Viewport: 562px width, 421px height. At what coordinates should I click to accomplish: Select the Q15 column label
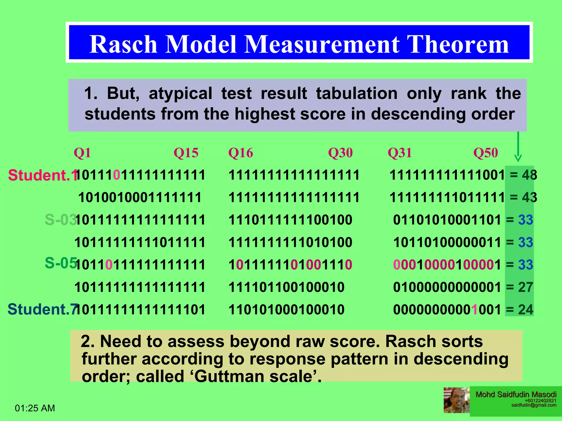click(x=186, y=153)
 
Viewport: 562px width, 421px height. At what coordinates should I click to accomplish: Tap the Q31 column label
click(x=400, y=153)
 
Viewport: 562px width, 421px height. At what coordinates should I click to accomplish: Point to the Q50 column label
click(x=485, y=153)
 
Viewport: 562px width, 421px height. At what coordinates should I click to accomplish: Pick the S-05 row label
click(x=60, y=263)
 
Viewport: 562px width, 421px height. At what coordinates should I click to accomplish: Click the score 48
click(x=529, y=175)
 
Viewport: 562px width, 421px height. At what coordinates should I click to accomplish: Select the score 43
click(x=529, y=197)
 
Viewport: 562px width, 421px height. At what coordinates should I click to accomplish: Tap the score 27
click(x=526, y=287)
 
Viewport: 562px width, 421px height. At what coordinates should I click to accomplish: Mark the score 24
click(x=526, y=310)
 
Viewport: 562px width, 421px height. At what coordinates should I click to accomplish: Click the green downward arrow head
click(x=518, y=158)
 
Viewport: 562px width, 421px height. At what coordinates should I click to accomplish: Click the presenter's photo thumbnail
click(x=456, y=400)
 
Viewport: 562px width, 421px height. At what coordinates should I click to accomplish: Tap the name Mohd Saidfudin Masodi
click(x=516, y=394)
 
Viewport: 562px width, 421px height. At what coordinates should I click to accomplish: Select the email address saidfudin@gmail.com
click(x=534, y=405)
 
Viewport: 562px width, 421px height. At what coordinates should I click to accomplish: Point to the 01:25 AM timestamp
click(x=35, y=408)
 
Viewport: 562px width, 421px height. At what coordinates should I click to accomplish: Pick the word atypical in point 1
click(x=180, y=93)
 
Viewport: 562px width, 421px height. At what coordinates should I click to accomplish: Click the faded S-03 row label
click(x=60, y=220)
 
